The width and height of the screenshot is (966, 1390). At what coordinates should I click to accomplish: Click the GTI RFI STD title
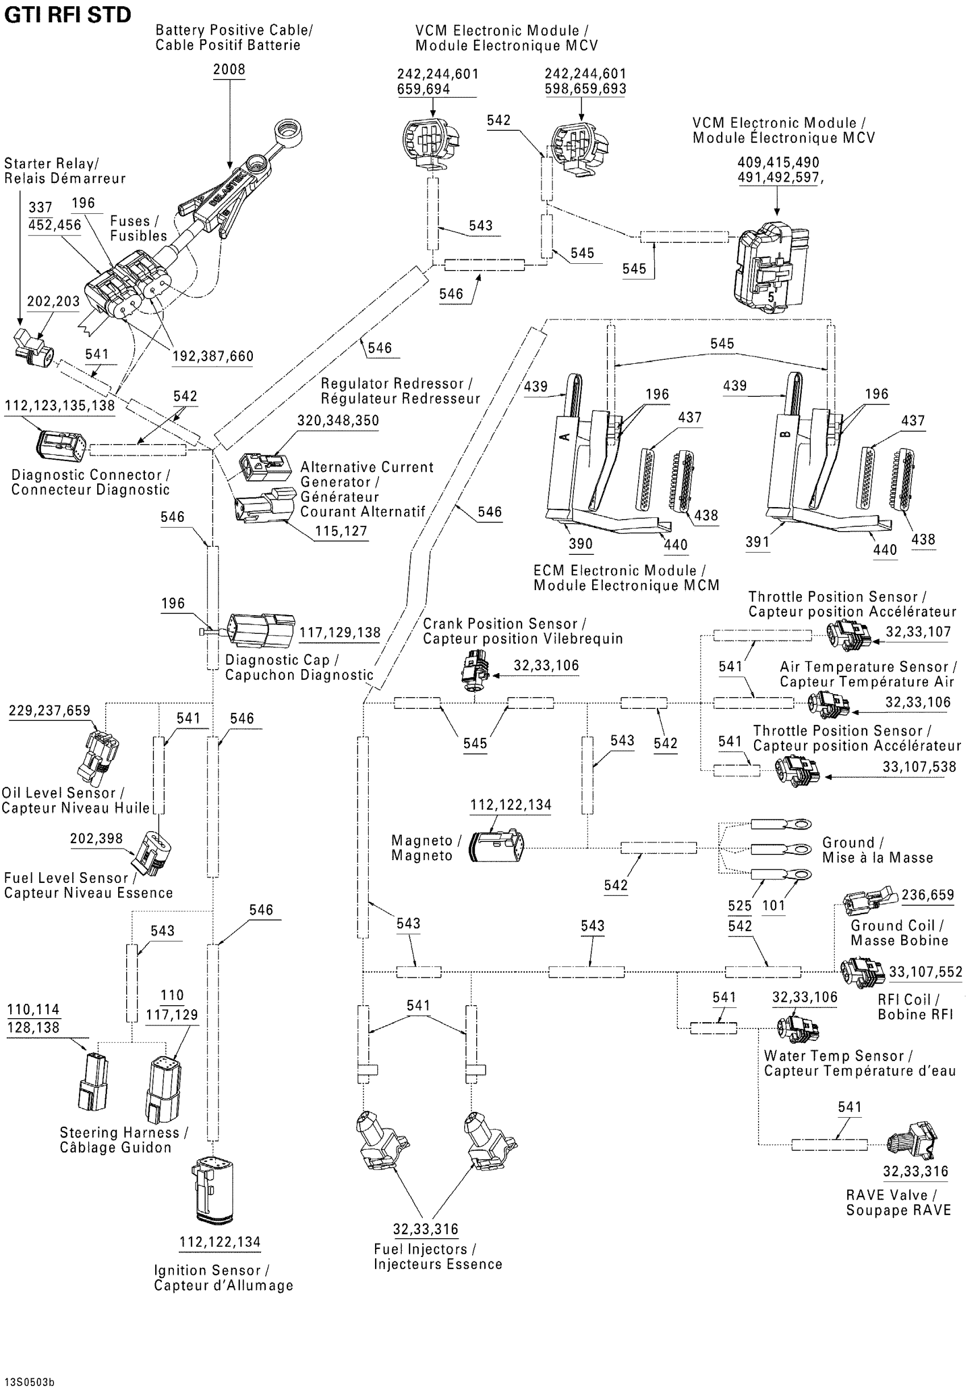67,15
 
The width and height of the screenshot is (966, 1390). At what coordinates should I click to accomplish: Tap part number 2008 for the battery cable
229,69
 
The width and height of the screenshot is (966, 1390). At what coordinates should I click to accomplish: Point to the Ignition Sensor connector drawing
213,1190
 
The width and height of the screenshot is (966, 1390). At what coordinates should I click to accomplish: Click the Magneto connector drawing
496,847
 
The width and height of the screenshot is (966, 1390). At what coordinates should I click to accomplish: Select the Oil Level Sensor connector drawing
97,757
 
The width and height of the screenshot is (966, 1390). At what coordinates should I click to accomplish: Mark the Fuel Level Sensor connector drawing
151,854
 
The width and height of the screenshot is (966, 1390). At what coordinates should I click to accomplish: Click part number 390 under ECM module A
580,543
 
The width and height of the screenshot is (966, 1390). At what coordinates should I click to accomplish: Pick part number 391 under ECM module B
757,542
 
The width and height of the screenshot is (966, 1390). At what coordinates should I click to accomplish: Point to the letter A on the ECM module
565,437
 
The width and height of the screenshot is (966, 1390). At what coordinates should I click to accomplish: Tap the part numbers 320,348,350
338,421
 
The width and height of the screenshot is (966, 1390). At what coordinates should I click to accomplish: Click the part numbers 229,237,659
49,711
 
